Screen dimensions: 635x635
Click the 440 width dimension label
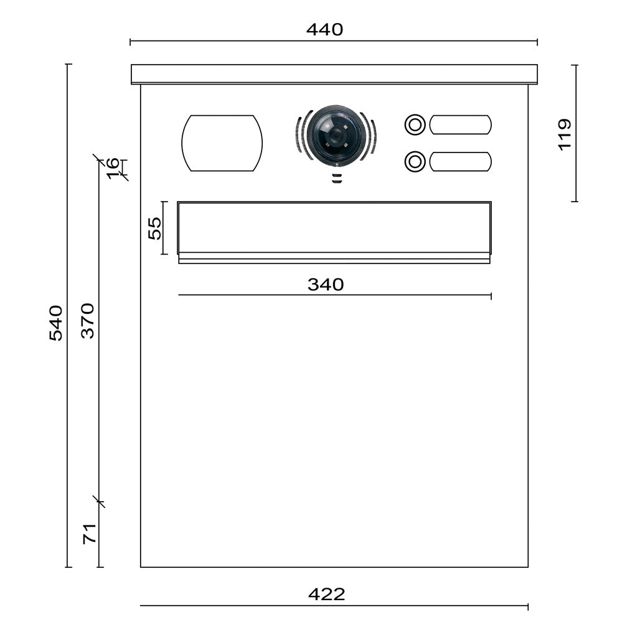324,29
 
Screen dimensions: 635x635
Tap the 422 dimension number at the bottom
326,594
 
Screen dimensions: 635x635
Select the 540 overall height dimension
56,323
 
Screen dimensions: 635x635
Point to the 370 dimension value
88,321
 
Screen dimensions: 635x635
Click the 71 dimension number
90,534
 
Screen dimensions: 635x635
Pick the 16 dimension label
113,168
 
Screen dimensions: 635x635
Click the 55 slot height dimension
154,228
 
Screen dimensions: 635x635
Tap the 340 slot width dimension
326,285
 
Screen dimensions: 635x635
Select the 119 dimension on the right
565,135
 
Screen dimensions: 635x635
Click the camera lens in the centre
334,135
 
